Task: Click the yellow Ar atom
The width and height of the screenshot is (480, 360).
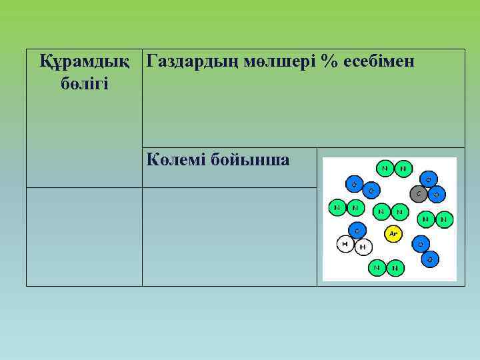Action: click(393, 233)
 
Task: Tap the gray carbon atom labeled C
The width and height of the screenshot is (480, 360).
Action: click(419, 195)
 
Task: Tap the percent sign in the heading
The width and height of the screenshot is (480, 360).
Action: click(327, 62)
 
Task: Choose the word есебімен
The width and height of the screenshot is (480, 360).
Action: click(378, 62)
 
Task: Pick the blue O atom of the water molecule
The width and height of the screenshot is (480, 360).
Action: click(357, 231)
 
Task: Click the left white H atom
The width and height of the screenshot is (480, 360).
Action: click(345, 245)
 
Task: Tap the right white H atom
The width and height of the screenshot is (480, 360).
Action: click(363, 247)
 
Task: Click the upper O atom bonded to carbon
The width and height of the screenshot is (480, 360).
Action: click(428, 179)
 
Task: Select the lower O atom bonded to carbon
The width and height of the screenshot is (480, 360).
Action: click(437, 195)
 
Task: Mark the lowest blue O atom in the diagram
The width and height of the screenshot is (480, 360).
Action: click(431, 259)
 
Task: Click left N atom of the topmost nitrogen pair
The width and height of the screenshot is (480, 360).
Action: click(385, 169)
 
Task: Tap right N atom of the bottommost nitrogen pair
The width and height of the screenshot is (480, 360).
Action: click(395, 268)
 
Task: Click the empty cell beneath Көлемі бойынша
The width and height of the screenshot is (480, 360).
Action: click(229, 237)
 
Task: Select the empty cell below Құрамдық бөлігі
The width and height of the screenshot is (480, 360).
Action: click(85, 237)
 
